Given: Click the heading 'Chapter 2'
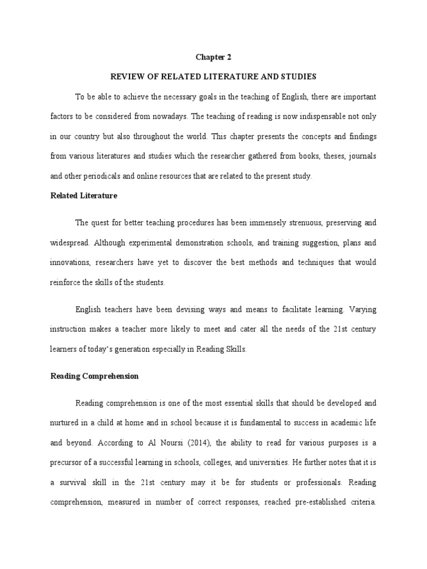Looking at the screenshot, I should click(213, 57).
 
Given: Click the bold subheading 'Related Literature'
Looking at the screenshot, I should click(84, 196).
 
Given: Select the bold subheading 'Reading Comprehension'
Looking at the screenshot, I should click(95, 376).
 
